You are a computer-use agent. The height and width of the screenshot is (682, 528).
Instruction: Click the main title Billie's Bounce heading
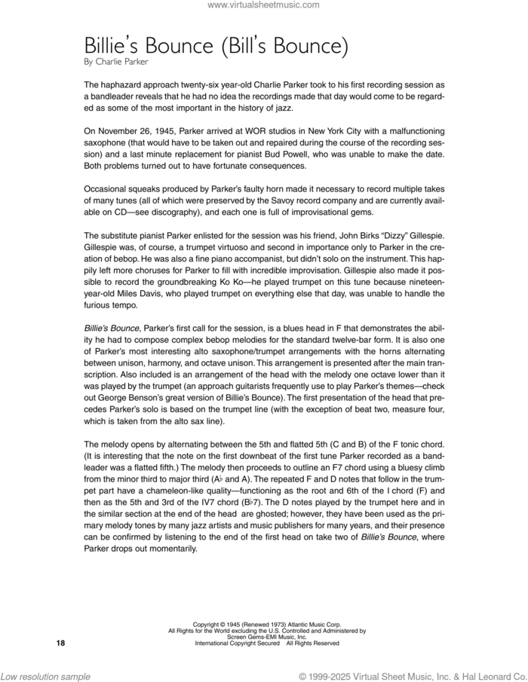pyautogui.click(x=216, y=46)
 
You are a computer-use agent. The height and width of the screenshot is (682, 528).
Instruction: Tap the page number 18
pyautogui.click(x=61, y=643)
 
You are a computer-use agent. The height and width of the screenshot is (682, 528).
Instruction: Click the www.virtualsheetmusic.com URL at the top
pyautogui.click(x=263, y=5)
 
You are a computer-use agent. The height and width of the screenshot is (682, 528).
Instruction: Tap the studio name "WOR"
pyautogui.click(x=239, y=132)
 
